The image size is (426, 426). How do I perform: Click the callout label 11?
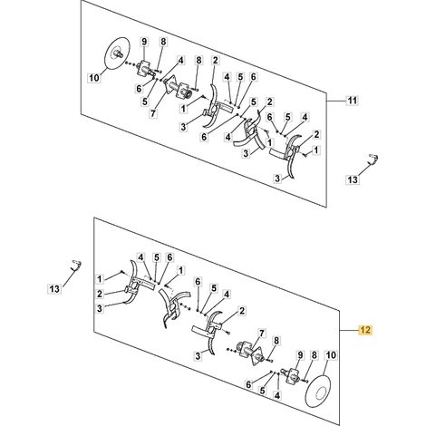coord(353,100)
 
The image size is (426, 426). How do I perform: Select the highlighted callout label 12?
coord(365,330)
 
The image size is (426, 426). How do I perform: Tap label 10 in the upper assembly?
coord(94,78)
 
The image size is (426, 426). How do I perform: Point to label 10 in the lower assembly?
coord(331,355)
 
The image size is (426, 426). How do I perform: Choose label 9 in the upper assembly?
coord(144,42)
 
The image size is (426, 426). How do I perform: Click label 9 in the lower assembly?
coord(300,355)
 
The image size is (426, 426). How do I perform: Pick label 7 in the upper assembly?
coord(153,113)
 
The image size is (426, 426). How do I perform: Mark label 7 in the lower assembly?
coord(261,334)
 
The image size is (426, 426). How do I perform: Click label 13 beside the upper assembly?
coord(353,179)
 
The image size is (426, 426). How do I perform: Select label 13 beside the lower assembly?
coord(54,289)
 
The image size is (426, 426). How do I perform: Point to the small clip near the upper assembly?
coord(373,159)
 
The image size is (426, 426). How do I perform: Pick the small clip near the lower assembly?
coord(76,264)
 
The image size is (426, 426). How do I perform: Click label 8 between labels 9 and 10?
coord(315,355)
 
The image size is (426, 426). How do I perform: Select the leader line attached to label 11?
coord(336,100)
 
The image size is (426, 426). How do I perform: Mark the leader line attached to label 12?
coord(350,331)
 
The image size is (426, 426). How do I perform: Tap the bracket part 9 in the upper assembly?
coord(144,69)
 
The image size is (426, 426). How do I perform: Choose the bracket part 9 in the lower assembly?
coord(291,373)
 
